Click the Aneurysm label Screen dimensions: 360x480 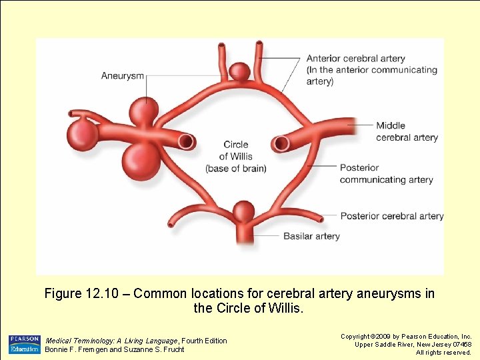pyautogui.click(x=122, y=75)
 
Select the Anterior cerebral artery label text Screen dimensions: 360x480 pyautogui.click(x=355, y=58)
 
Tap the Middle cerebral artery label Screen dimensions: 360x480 pyautogui.click(x=407, y=131)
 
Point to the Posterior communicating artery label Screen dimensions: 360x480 pyautogui.click(x=386, y=173)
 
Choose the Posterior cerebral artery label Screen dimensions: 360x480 pyautogui.click(x=391, y=216)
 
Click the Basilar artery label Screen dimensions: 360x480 pyautogui.click(x=311, y=236)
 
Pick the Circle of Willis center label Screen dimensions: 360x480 pyautogui.click(x=235, y=156)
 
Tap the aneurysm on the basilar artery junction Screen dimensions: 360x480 pyautogui.click(x=243, y=213)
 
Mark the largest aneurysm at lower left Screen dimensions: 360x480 pyautogui.click(x=142, y=160)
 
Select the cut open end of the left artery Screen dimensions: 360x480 pyautogui.click(x=187, y=141)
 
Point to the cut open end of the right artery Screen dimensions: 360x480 pyautogui.click(x=281, y=143)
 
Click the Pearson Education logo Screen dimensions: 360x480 pyautogui.click(x=24, y=345)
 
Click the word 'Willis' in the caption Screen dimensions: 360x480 pyautogui.click(x=285, y=309)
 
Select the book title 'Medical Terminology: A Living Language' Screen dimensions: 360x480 pyautogui.click(x=111, y=341)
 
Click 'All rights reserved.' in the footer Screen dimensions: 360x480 pyautogui.click(x=443, y=352)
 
